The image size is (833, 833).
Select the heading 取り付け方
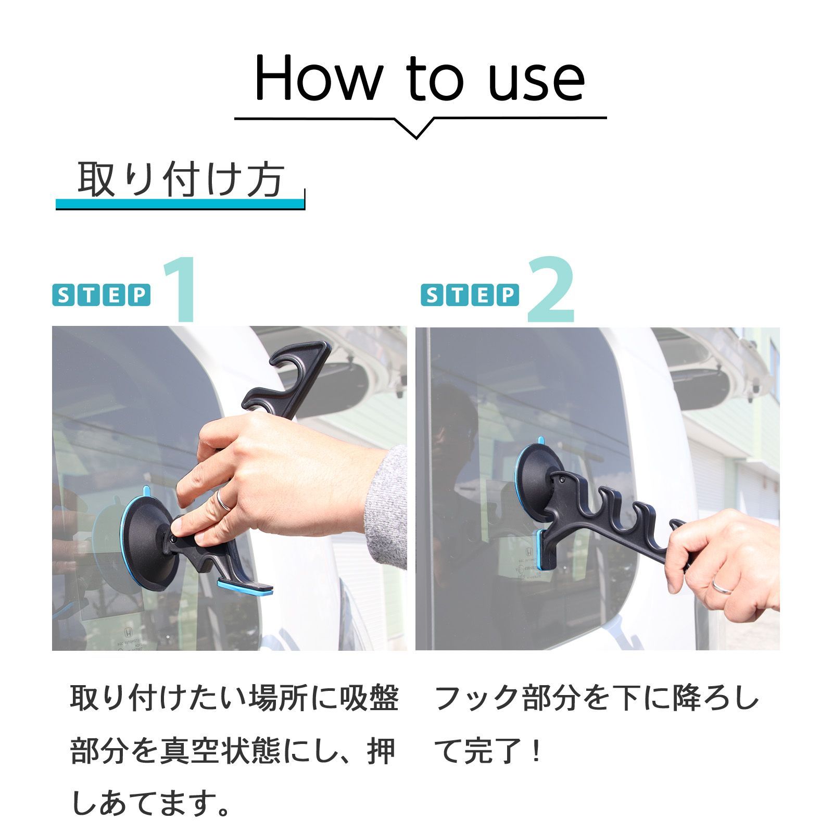(180, 180)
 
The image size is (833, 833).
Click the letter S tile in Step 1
(63, 295)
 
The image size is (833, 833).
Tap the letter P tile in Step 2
(508, 295)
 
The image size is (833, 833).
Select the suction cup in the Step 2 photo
(539, 474)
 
